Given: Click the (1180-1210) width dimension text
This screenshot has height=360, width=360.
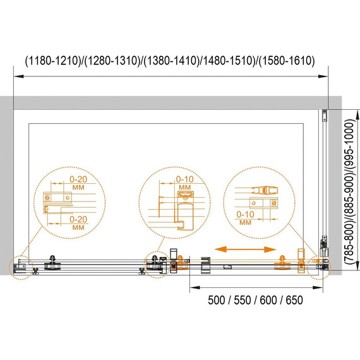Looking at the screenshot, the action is (53, 61).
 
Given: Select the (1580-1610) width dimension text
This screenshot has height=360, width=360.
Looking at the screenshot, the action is (287, 61).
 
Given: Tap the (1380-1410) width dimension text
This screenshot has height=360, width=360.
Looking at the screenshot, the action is (171, 61).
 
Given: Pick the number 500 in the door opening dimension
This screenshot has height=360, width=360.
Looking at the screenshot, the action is (217, 300).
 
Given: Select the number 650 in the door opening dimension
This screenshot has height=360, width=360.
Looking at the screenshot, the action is (294, 300).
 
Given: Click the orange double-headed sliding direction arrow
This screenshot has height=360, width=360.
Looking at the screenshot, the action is (246, 249).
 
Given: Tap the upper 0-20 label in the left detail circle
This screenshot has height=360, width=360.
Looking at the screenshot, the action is (78, 179).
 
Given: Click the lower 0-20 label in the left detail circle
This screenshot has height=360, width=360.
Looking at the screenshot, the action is (78, 220).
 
